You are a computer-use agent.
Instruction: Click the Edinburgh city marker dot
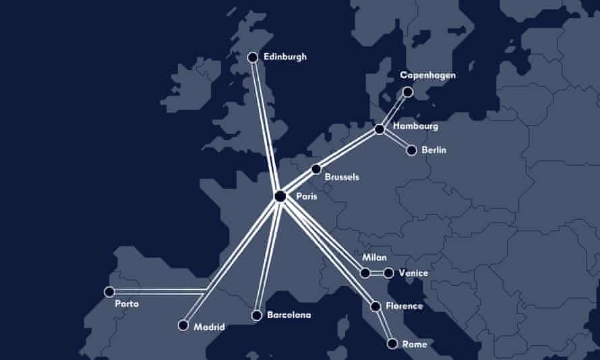click(x=253, y=57)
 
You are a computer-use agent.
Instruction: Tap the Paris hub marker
click(x=280, y=196)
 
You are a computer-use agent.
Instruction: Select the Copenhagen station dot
click(x=407, y=92)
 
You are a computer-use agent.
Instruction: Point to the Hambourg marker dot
click(x=379, y=129)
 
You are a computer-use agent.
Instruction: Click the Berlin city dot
click(x=412, y=150)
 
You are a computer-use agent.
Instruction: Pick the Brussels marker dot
click(x=316, y=169)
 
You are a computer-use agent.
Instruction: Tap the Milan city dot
click(x=365, y=273)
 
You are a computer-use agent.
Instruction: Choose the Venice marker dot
click(x=388, y=273)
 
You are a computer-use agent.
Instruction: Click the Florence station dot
click(x=376, y=306)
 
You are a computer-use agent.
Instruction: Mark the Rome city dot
click(x=392, y=344)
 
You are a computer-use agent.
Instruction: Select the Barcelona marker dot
click(x=256, y=315)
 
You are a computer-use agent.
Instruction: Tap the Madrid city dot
click(x=182, y=325)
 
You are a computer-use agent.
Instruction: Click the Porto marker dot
click(x=109, y=292)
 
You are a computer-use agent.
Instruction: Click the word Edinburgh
click(x=285, y=57)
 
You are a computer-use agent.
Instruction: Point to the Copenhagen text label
click(x=427, y=76)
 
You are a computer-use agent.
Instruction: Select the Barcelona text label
click(x=289, y=315)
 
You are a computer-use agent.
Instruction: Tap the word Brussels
click(x=342, y=177)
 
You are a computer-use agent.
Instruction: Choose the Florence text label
click(x=404, y=306)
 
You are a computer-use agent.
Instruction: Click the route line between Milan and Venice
click(x=377, y=273)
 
